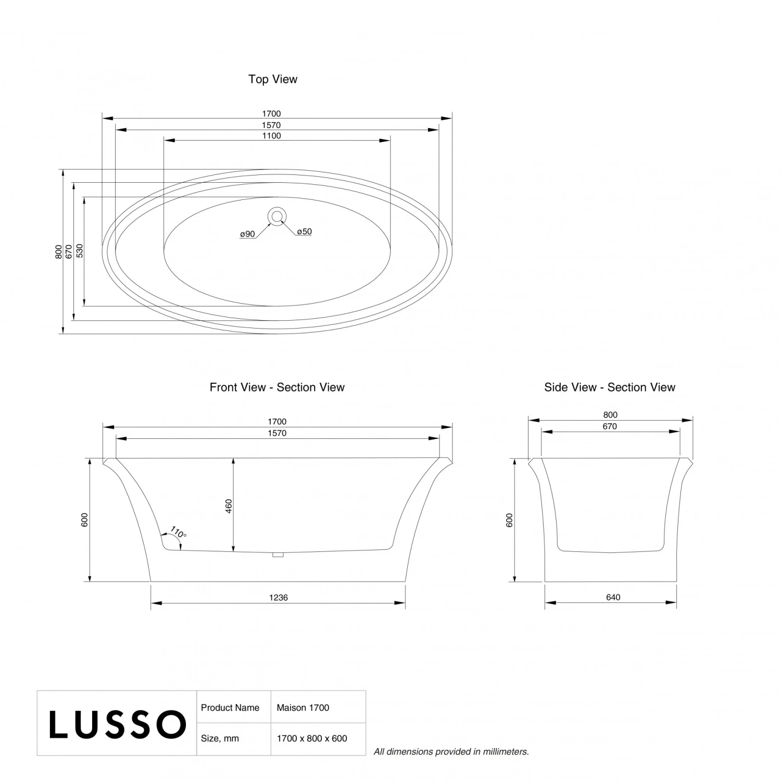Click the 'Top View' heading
[x=273, y=79]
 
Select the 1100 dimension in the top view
[x=271, y=136]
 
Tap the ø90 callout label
[x=247, y=234]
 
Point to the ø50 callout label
[x=305, y=232]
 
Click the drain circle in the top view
[x=277, y=216]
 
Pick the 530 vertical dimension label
[x=80, y=251]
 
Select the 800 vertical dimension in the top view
[x=59, y=251]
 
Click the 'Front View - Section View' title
[x=277, y=387]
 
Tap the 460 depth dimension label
[x=229, y=506]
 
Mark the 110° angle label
[x=178, y=533]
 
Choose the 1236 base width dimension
[x=279, y=597]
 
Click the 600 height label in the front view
[x=85, y=520]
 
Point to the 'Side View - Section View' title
[x=610, y=387]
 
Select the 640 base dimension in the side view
[x=613, y=597]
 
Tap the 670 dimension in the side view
[x=610, y=426]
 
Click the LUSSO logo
[x=117, y=724]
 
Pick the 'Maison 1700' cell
[x=303, y=708]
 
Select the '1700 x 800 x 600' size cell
[x=312, y=738]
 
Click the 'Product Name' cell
[x=230, y=708]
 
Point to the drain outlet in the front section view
[x=278, y=555]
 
